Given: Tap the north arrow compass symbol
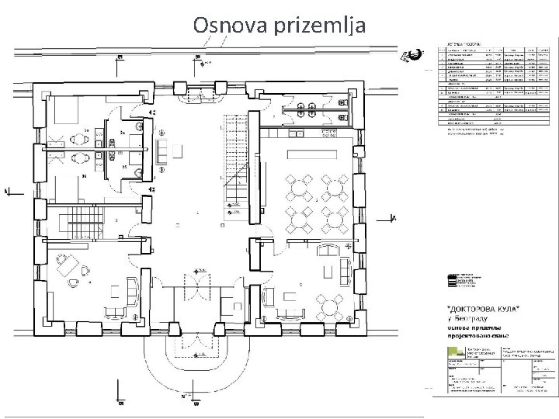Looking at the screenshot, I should [x=415, y=54].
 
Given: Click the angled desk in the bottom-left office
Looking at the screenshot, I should [x=71, y=262].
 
